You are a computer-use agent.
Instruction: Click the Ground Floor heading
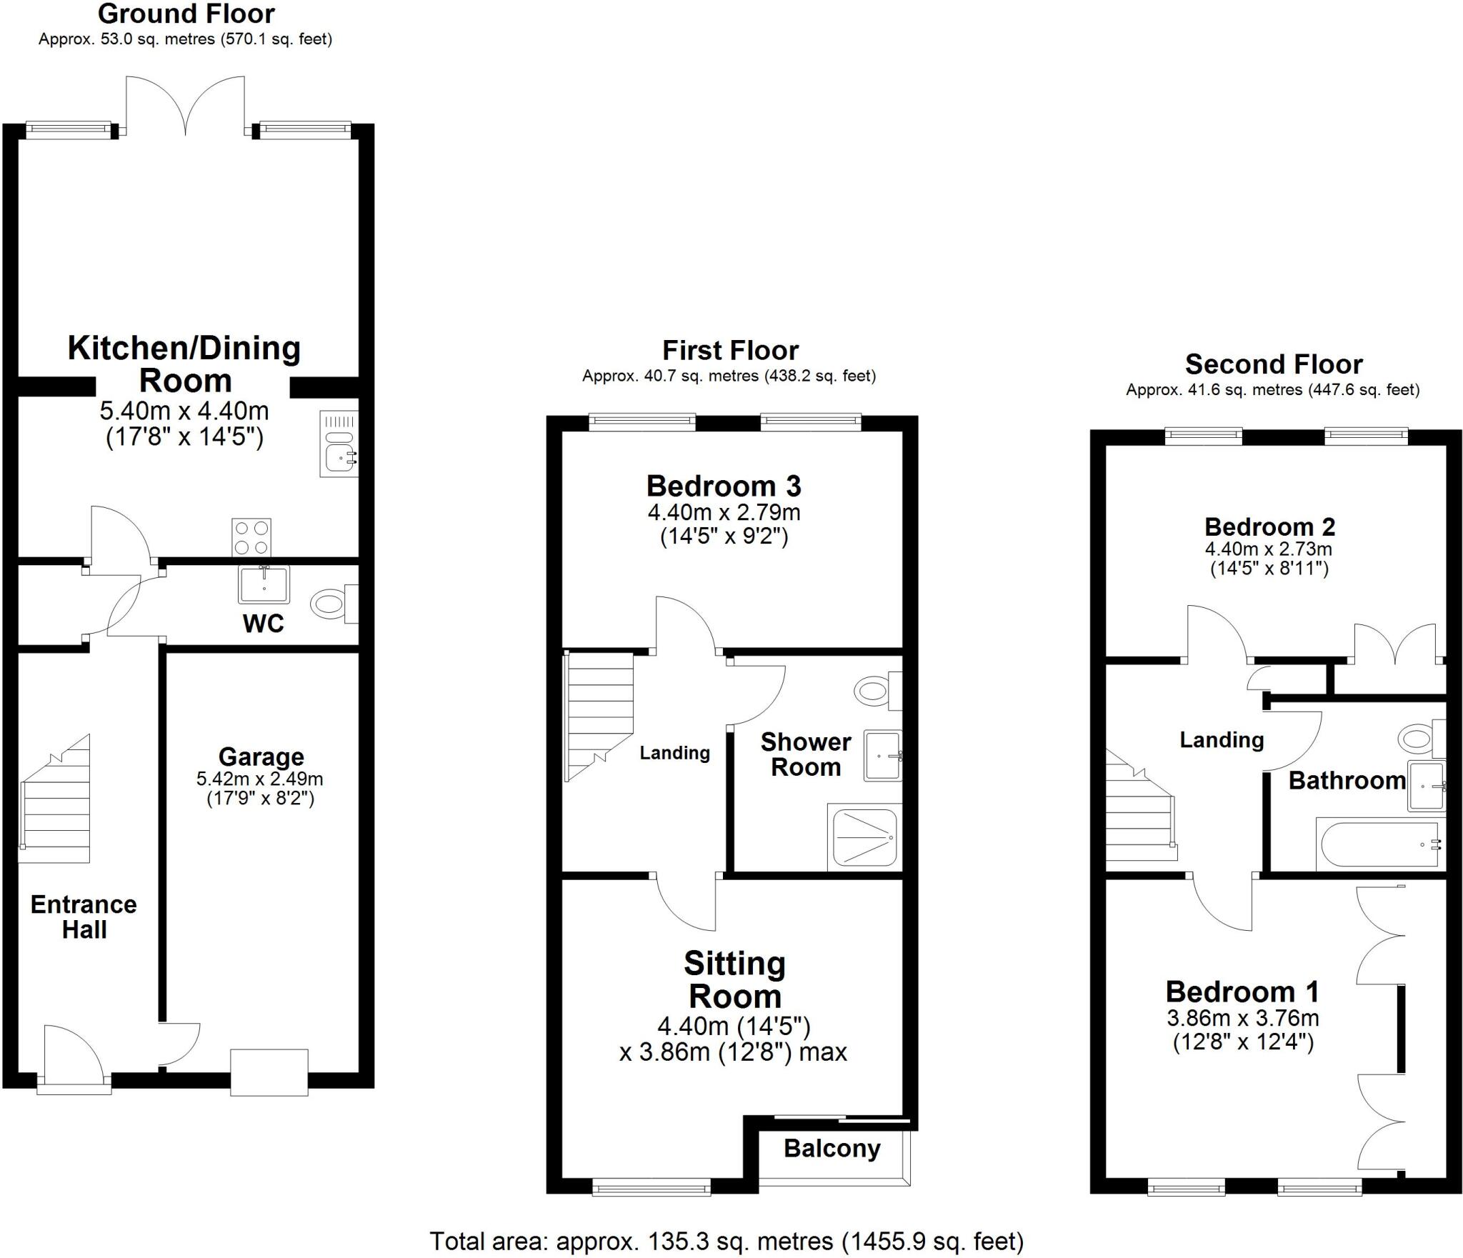click(186, 14)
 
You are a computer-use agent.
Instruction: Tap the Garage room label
click(261, 757)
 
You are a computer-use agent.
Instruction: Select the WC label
click(264, 624)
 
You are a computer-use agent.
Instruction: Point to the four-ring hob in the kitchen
click(251, 537)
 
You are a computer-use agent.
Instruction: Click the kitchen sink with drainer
click(339, 444)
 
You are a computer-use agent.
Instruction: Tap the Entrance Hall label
click(84, 917)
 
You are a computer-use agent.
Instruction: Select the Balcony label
click(832, 1149)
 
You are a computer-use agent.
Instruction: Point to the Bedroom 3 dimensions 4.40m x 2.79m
click(724, 512)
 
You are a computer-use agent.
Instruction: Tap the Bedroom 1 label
click(1242, 992)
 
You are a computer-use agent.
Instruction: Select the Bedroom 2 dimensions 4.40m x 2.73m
click(1269, 549)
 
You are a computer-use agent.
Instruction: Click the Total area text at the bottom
click(726, 1242)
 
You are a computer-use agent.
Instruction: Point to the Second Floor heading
click(1274, 364)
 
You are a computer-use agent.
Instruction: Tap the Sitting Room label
click(734, 979)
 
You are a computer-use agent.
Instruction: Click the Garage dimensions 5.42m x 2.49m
click(260, 779)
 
